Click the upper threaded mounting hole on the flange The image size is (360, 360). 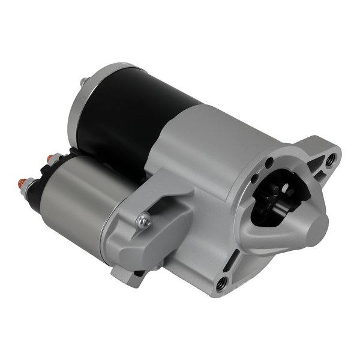(x=329, y=160)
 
